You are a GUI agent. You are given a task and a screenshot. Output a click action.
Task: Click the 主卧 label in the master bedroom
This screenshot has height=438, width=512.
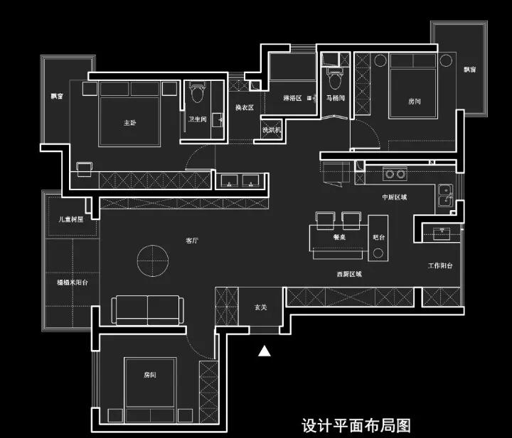coord(129,123)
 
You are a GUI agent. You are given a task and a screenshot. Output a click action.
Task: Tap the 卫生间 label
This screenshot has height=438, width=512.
coord(198,119)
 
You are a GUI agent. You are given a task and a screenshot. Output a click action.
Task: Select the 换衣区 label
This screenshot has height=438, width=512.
coord(245,107)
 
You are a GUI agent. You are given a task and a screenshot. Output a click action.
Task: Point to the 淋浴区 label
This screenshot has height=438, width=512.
coord(292,98)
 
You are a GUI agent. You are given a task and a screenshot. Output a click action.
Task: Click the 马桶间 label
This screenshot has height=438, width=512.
coord(335,98)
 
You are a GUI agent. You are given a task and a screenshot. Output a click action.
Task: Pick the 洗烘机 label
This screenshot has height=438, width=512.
coord(271,130)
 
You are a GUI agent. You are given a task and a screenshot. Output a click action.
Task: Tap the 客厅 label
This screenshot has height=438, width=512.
coord(192,241)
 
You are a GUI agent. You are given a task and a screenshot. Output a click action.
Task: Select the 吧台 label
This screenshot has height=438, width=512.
coord(378,238)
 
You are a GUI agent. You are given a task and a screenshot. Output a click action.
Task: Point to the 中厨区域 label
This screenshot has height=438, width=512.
coord(394,197)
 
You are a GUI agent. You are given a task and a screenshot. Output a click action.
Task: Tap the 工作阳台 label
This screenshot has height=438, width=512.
coord(440,266)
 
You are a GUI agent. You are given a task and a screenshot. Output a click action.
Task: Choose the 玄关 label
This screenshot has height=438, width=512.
coord(261,307)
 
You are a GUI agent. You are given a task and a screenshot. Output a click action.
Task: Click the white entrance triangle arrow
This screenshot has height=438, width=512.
coord(265,351)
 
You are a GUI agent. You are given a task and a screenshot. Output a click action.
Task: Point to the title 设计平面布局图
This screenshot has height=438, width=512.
coord(356,426)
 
